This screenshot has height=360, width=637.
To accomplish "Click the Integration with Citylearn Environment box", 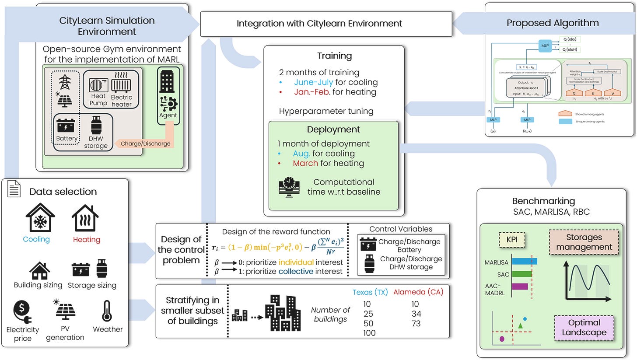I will coord(326,23).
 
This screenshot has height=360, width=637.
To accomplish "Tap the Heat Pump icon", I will coord(98,85).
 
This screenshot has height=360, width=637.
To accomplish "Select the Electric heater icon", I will coord(121,84).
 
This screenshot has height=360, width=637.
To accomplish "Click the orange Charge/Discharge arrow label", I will coord(145,143).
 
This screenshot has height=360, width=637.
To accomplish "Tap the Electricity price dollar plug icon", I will coord(22,311).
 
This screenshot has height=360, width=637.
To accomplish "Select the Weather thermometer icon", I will coord(107,311).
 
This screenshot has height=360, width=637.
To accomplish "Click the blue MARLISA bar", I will coord(524,262).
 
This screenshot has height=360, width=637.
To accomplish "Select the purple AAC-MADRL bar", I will coord(519,287).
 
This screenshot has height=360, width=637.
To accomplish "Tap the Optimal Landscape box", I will coord(584,327).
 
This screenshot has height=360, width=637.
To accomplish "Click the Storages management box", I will coord(584,242).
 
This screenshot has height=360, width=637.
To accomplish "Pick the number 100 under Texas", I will coord(370,333).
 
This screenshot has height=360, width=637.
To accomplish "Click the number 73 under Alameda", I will coord(416,323).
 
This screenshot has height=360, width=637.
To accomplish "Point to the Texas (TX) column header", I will coord(370,292).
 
